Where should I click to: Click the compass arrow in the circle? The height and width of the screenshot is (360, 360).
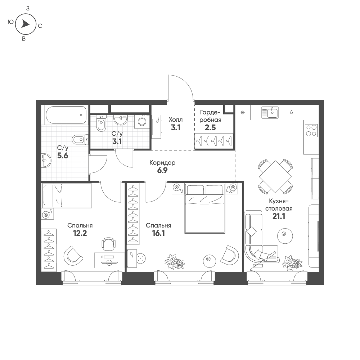(x=25, y=24)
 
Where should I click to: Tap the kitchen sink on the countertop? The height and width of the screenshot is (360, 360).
(x=270, y=112)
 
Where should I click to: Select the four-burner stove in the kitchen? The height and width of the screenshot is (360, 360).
(x=311, y=130)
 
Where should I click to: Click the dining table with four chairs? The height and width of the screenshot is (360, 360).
(x=275, y=177)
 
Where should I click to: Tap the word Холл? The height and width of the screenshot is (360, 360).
(x=176, y=119)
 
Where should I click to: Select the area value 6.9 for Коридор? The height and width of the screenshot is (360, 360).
(x=162, y=171)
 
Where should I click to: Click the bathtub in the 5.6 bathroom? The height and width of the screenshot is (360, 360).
(x=66, y=115)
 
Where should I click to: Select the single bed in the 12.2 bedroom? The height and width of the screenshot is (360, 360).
(x=67, y=195)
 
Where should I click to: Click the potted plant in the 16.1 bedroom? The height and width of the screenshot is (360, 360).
(x=174, y=261)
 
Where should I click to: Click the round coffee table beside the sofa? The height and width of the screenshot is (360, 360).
(x=284, y=234)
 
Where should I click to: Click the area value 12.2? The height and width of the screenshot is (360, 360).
(x=80, y=233)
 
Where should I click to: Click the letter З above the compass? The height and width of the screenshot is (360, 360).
(x=28, y=8)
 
